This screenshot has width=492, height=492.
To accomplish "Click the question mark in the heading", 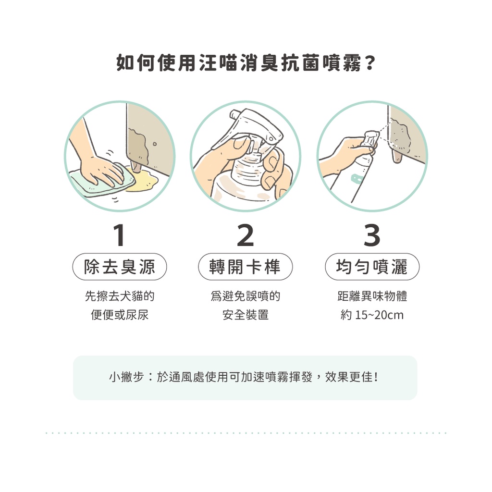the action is (x=370, y=63).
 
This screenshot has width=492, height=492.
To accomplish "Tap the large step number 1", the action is (x=120, y=235).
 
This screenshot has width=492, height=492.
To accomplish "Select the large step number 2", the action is (x=246, y=235).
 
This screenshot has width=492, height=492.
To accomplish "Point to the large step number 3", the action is (x=372, y=235).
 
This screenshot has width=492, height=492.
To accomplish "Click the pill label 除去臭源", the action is (x=120, y=267).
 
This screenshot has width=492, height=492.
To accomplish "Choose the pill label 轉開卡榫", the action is (x=246, y=267).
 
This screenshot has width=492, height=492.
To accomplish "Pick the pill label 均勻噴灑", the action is (x=372, y=267).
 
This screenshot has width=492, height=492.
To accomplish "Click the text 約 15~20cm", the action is (x=372, y=315).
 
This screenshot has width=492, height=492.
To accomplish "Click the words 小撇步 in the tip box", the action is (x=126, y=377).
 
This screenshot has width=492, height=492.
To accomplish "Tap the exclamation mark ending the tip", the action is (x=376, y=377).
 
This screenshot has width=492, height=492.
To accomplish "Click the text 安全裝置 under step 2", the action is (x=246, y=315).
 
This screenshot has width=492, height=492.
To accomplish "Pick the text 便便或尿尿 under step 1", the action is (x=120, y=315).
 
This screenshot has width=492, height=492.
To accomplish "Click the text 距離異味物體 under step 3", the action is (x=372, y=296).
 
